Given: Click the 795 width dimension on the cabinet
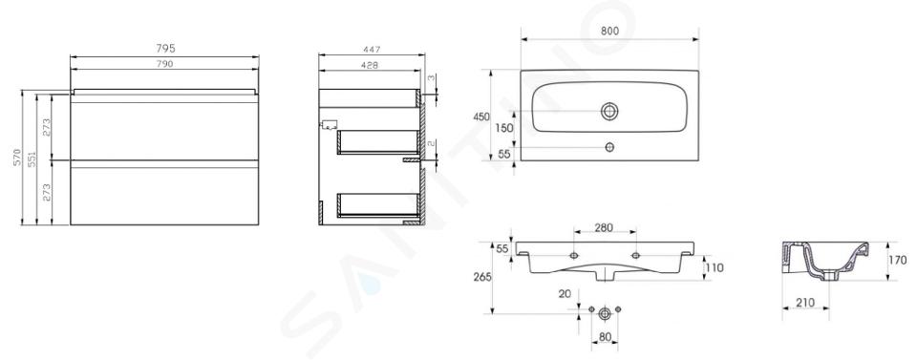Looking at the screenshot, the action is tap(165, 49).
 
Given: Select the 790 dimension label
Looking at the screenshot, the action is tap(165, 64).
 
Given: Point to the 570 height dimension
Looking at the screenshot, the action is tap(17, 158).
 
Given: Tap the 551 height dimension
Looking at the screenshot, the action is tap(32, 158).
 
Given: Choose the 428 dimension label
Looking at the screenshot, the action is tap(369, 66).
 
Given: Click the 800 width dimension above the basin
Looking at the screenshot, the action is tap(609, 32).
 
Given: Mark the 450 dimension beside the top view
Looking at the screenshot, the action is tap(480, 116).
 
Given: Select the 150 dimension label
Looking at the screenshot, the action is tap(504, 128).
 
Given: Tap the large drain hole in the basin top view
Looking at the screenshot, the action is tap(609, 111).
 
